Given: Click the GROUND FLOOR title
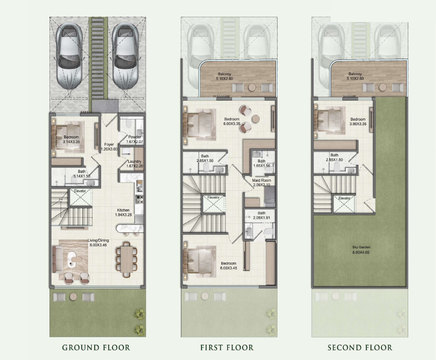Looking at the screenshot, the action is point(96,348).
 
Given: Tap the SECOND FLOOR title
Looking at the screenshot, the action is point(360,348).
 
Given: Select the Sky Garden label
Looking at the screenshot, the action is point(361,247).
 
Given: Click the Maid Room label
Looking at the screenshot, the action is point(262,180).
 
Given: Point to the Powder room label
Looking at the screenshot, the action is point(134,137).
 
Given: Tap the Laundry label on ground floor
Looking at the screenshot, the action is point(134,161).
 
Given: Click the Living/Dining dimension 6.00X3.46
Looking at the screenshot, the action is point(98,245).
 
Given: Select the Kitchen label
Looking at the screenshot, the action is point(123,210).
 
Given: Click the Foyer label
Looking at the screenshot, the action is point(109,144).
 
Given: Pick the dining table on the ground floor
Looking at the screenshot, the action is point(127,260).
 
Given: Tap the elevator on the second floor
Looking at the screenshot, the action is point(344,204).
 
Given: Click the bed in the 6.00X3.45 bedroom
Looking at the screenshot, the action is point(200,262).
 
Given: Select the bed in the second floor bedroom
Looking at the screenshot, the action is point(328,121).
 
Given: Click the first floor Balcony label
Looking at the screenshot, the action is point(224,74).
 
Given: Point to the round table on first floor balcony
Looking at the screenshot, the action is point(252,87).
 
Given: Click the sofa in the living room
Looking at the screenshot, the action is point(57,259).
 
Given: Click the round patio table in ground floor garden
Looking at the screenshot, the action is point(73,296).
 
